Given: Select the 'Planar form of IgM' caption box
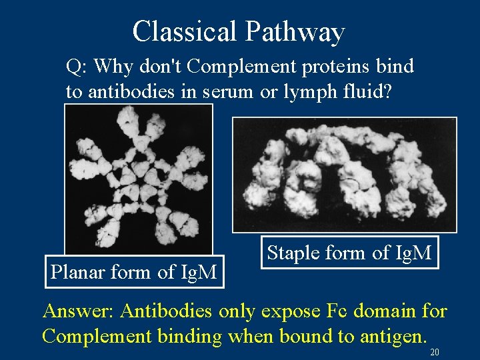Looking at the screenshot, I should click(x=134, y=272).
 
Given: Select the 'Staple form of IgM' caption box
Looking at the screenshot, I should click(x=349, y=253).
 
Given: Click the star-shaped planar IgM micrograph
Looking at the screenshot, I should click(x=138, y=179).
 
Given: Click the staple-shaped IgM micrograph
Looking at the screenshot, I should click(x=344, y=175).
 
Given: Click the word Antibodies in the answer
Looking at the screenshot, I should click(x=167, y=312).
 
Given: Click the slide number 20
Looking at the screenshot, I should click(x=435, y=352).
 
